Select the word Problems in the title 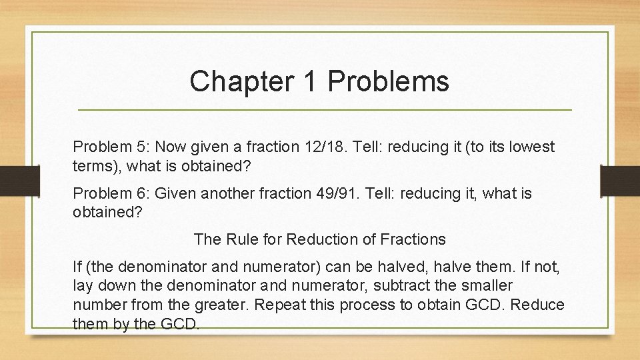tap(389, 81)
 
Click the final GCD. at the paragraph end tap(181, 323)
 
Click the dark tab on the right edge tap(619, 179)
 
